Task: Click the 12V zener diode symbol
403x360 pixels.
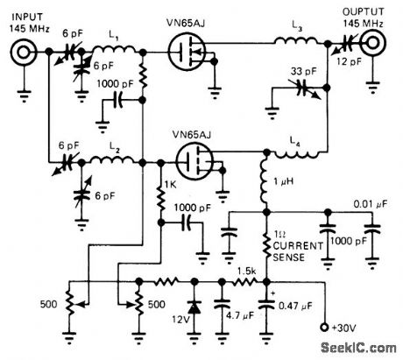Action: [193, 308]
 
